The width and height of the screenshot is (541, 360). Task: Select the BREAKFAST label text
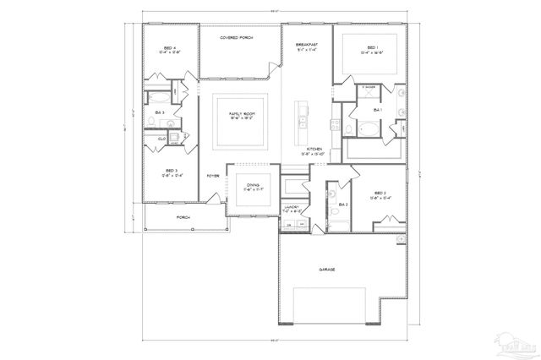[307, 45]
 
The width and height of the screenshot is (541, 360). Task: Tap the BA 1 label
[378, 110]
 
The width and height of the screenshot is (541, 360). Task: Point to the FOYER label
[213, 176]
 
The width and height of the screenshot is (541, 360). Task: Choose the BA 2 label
[343, 205]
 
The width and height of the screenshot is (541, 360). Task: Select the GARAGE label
[327, 270]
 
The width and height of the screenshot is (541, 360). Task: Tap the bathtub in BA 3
[161, 97]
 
